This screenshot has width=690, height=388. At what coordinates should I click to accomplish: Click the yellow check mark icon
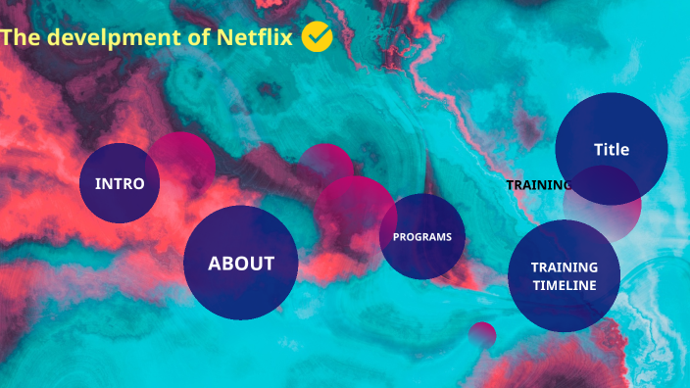pyautogui.click(x=317, y=36)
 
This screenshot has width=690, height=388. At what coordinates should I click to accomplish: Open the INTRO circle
pyautogui.click(x=120, y=183)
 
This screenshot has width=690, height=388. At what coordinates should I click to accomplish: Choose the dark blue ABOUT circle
pyautogui.click(x=240, y=263)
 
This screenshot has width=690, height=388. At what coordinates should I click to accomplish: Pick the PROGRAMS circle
pyautogui.click(x=422, y=236)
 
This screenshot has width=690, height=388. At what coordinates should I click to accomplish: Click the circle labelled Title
pyautogui.click(x=612, y=149)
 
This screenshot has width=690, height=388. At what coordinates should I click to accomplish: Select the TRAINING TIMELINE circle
pyautogui.click(x=564, y=276)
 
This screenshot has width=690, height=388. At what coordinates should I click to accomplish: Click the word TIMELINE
pyautogui.click(x=564, y=285)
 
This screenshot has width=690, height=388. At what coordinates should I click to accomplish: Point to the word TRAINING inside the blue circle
pyautogui.click(x=564, y=267)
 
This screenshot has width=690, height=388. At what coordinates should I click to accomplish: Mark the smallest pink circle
pyautogui.click(x=481, y=335)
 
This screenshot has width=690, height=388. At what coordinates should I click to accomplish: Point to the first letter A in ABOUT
pyautogui.click(x=215, y=263)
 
